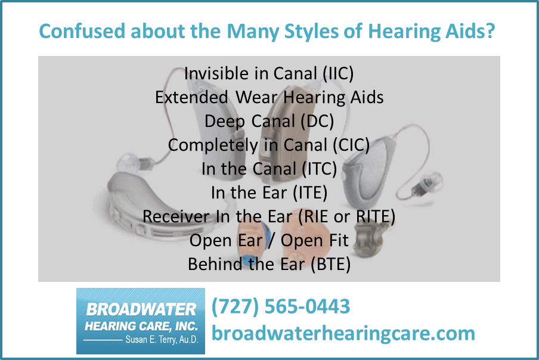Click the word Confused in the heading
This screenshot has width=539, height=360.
[x=82, y=31]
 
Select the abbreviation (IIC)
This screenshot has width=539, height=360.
[x=338, y=73]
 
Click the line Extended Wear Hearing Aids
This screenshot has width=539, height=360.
[x=269, y=98]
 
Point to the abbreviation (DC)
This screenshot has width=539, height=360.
[x=317, y=121]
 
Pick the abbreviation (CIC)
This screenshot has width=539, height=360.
[x=351, y=145]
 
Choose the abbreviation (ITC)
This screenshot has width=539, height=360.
[x=320, y=169]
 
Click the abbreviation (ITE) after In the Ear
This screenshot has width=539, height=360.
[x=310, y=193]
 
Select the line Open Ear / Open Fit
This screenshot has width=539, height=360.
[x=269, y=240]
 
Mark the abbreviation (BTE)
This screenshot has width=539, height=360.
[x=331, y=264]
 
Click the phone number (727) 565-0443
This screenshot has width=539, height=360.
[x=281, y=306]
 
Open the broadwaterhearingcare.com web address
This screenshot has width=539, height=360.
[x=343, y=334]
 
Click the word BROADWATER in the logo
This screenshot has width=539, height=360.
[x=141, y=309]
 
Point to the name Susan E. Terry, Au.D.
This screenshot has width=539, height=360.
[x=162, y=340]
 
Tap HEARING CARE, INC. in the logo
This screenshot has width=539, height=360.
[x=141, y=326]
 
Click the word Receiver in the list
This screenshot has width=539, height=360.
[x=176, y=216]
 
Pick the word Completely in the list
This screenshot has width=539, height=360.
[x=213, y=145]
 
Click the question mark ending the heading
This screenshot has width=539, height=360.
[x=491, y=31]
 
